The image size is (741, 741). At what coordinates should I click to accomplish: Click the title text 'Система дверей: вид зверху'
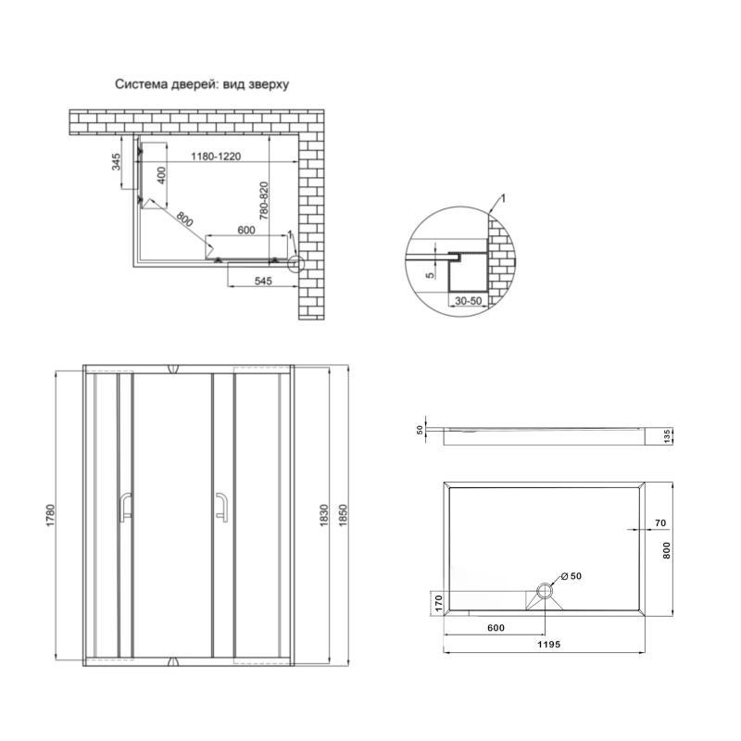click(202, 84)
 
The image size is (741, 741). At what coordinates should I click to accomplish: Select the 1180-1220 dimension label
click(216, 157)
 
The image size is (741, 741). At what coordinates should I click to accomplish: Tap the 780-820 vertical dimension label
click(264, 201)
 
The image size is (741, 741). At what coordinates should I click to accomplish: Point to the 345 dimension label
click(117, 161)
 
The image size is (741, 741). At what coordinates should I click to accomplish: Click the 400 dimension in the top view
click(161, 175)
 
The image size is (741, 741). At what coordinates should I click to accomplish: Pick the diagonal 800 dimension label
click(184, 219)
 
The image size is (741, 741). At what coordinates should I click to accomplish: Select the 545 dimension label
click(263, 282)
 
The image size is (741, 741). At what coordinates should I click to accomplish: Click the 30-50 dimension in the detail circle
click(469, 301)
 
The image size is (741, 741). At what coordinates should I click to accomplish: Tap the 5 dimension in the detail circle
click(431, 275)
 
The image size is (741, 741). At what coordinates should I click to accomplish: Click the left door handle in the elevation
click(124, 507)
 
